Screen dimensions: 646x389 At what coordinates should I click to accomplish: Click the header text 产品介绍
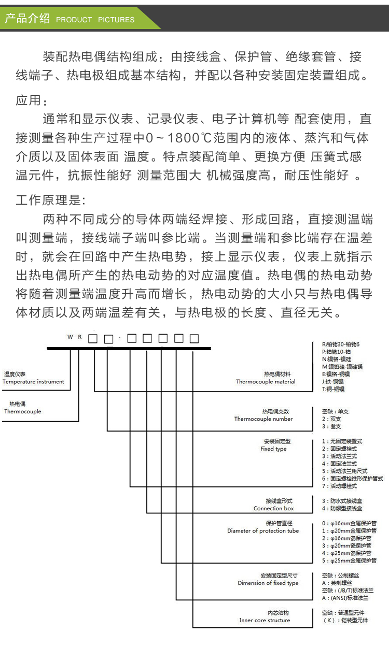coord(27,19)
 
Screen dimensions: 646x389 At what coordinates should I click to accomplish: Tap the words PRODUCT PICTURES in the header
coord(95,20)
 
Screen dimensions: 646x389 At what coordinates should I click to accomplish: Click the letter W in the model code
coord(70,337)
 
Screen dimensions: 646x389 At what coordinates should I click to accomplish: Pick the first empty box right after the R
coord(93,339)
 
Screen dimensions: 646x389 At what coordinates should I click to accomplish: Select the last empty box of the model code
coord(194,339)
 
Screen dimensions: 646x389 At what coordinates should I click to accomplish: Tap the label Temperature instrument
coord(33,382)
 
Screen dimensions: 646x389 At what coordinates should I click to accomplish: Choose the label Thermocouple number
coord(263,419)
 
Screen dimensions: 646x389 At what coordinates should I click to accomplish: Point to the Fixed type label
coord(273,449)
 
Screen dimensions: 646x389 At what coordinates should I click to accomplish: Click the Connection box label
coord(273,509)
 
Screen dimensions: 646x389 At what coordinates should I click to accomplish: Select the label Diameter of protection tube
coord(263,530)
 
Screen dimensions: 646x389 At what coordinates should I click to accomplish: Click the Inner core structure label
coord(265,620)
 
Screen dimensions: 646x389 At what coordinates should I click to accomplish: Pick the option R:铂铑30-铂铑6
coord(340,344)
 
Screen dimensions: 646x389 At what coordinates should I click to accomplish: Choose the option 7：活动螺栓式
coord(339,486)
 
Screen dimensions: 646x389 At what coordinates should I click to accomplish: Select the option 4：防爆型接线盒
coord(342,508)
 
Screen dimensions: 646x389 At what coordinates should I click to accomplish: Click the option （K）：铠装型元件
coord(345,620)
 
